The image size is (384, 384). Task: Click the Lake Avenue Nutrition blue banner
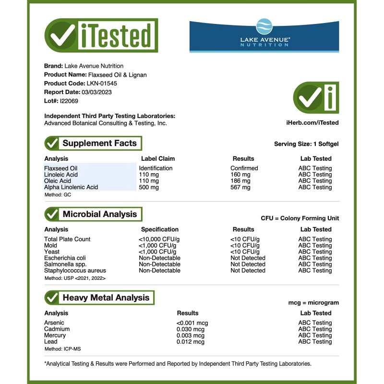pos(264,36)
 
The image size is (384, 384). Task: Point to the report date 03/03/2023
pos(98,92)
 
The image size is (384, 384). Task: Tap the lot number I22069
pos(69,101)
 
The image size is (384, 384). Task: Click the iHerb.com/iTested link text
pos(313,123)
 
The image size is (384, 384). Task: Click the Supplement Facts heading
pos(99,143)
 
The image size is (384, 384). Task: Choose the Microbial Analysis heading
pos(99,214)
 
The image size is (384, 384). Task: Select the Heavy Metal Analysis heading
pos(106,298)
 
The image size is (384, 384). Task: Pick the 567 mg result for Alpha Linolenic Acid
pos(240,187)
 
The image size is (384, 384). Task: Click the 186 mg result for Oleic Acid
pos(240,181)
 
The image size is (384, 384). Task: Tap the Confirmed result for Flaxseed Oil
pos(244,168)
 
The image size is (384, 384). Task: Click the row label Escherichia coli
pos(65,258)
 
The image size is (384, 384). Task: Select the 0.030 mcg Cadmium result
pos(191,329)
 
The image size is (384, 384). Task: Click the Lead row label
pos(50,342)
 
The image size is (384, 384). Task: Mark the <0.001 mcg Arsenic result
pos(192,323)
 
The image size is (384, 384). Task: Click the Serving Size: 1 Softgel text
pos(306,144)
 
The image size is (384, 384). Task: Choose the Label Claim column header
pos(158,158)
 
